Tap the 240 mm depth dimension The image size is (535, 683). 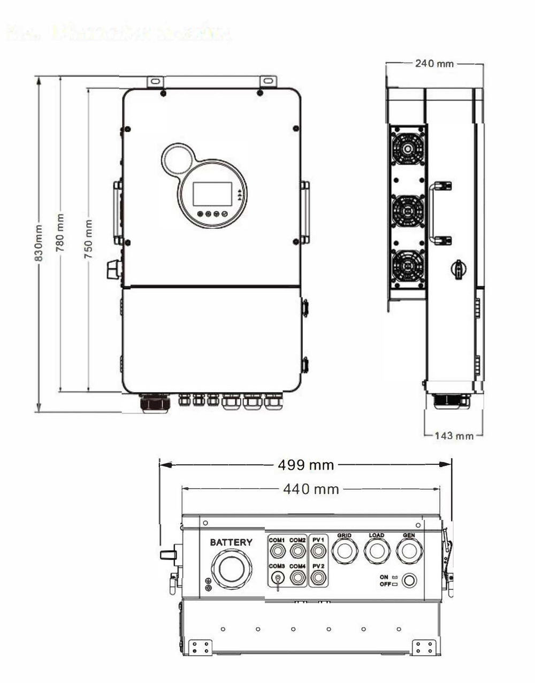[434, 64]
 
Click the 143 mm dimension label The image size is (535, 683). [454, 435]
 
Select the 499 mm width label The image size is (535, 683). [305, 465]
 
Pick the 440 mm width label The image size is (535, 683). [311, 489]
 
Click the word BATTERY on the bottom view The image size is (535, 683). [231, 542]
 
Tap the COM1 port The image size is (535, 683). [277, 550]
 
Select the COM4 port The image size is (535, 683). [297, 577]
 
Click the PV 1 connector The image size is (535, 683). [319, 550]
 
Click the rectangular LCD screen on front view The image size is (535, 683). [212, 194]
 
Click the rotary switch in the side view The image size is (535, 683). [458, 268]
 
